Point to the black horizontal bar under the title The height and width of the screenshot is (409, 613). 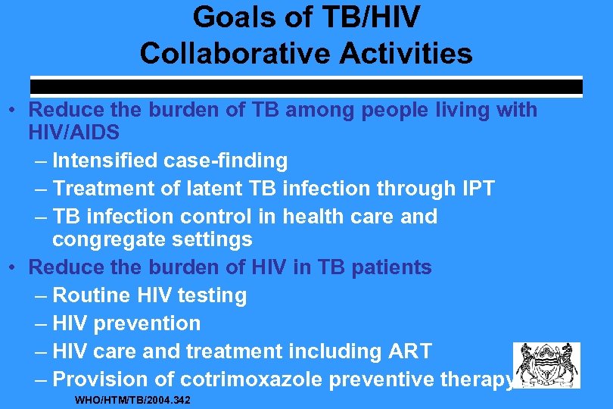pos(306,87)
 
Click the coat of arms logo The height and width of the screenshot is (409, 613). pos(546,365)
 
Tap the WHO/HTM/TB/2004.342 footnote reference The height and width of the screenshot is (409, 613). pos(132,399)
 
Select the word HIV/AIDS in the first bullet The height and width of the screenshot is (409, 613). pos(74,133)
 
